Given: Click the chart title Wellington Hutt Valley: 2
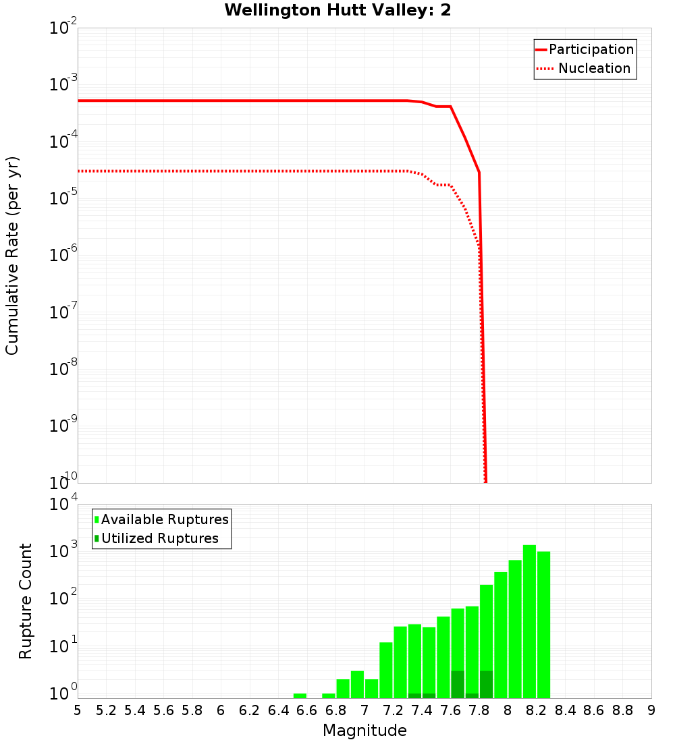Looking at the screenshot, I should coord(337,10).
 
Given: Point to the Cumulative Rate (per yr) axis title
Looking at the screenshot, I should coord(12,255).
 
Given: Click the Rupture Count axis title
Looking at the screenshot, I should coord(26,601).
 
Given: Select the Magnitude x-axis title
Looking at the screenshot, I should coord(364,731).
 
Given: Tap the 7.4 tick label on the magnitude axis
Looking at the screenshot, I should coord(422,710).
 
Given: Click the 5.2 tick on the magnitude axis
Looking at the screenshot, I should coord(106,710).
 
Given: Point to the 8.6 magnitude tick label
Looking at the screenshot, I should coord(594,710).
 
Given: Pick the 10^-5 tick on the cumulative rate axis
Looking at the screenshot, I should coord(63,198).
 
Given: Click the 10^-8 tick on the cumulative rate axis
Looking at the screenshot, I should coord(63,368).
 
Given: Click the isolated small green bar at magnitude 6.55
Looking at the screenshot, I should coord(300,695).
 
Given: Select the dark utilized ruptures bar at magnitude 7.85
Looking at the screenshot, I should coord(486,684).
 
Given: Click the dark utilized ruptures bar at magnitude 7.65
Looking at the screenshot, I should coord(458,684).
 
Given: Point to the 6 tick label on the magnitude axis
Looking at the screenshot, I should coord(221,710).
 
